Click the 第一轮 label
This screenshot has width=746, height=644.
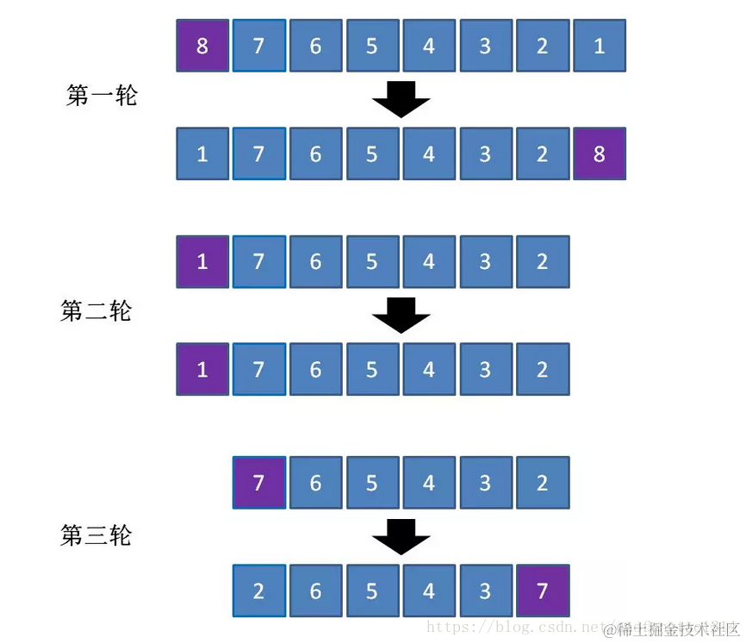(x=102, y=95)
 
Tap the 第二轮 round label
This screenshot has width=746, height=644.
(x=96, y=310)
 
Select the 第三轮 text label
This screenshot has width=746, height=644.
(x=96, y=535)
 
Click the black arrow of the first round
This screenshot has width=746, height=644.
(x=401, y=99)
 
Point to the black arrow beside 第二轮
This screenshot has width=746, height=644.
(x=401, y=316)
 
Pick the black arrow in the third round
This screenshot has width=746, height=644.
(x=401, y=537)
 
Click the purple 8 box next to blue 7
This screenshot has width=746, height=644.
(x=202, y=46)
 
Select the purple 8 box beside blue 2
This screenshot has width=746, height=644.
(x=599, y=154)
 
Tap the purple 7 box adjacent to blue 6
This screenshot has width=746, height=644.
(x=258, y=482)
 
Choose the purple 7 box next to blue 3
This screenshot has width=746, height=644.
(x=542, y=591)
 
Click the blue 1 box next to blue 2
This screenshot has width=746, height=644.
(x=599, y=46)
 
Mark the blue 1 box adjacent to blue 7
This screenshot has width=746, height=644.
(x=202, y=154)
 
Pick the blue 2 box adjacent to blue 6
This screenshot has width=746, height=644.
(x=258, y=591)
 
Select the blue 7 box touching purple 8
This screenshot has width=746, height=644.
(x=258, y=46)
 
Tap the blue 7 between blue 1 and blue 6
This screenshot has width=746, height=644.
(x=258, y=154)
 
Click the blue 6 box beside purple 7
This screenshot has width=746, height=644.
(x=315, y=482)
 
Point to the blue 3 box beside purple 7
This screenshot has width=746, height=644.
(x=485, y=591)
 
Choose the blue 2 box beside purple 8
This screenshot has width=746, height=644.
(x=542, y=154)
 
